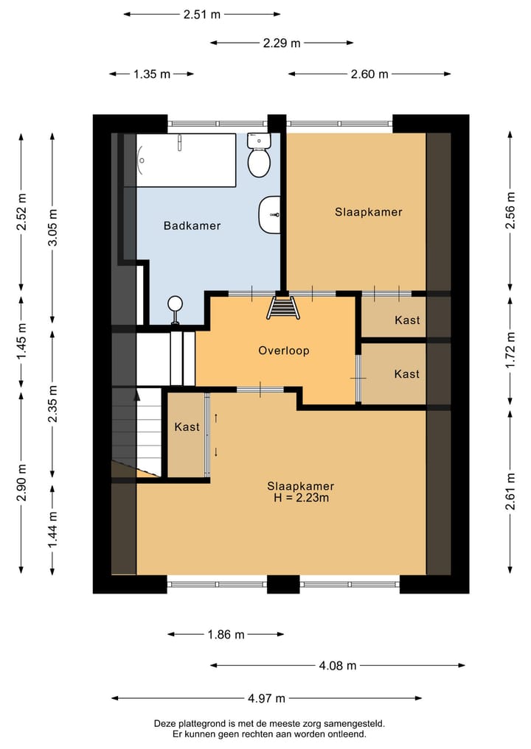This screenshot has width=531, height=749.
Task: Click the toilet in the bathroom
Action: [259, 155]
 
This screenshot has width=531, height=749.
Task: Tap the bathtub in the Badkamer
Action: [186, 160]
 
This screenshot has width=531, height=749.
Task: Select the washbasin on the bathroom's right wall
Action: [270, 215]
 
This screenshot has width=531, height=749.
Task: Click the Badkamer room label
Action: [192, 225]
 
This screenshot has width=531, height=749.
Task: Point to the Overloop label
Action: [284, 351]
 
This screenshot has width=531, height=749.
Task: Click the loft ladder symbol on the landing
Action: [284, 307]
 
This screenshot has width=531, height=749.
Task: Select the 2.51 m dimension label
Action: [202, 14]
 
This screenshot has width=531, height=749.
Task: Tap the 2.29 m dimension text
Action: [281, 43]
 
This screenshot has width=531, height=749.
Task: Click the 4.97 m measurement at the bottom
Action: [266, 698]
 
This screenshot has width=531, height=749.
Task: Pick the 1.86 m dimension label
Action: [226, 634]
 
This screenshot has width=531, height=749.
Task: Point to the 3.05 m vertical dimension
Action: [52, 228]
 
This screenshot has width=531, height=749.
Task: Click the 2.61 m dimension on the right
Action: [510, 491]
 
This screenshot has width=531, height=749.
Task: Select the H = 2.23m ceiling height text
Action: [301, 498]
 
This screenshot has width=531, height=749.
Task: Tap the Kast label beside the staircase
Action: [187, 426]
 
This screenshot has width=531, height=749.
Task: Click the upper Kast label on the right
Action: [407, 320]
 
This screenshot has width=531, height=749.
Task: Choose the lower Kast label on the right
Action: [407, 373]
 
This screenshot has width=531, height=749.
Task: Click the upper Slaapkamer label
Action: [368, 212]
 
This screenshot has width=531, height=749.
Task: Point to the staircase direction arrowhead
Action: [137, 395]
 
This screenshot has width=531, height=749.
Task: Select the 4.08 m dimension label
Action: [338, 665]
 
